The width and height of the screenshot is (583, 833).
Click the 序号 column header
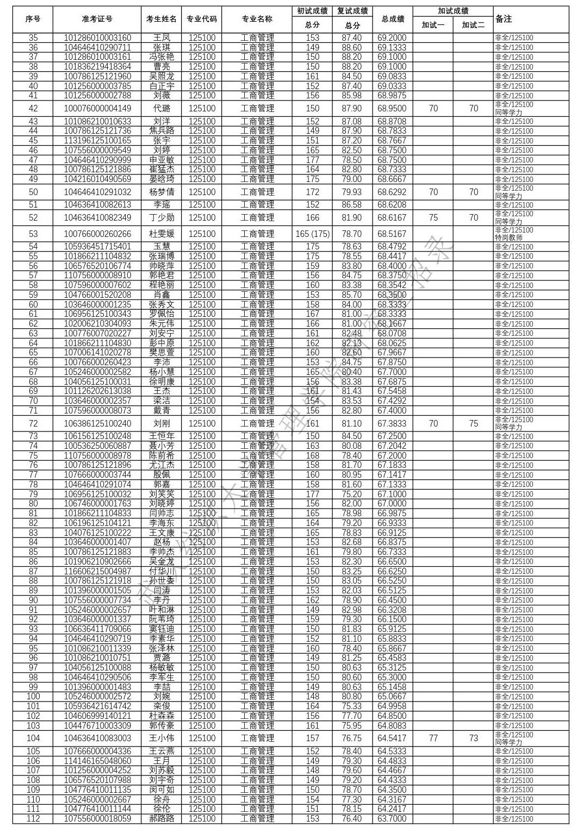tap(33, 19)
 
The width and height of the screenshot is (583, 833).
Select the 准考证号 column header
tap(97, 19)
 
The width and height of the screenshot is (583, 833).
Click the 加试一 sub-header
tap(433, 25)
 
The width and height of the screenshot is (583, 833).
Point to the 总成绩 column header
tap(393, 19)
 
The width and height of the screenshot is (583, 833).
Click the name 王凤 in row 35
tap(162, 38)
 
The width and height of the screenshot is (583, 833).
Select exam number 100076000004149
tap(97, 109)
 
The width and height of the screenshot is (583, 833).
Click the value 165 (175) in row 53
tap(312, 234)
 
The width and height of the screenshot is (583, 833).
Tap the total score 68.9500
tap(392, 109)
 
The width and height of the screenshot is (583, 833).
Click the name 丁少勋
tap(162, 218)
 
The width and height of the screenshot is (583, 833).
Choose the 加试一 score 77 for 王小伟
tap(433, 738)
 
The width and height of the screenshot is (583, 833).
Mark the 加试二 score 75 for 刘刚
tap(473, 424)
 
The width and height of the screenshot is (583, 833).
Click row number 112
tap(33, 819)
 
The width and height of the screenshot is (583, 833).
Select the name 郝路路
tap(162, 819)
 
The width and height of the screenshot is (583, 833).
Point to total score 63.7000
tap(392, 819)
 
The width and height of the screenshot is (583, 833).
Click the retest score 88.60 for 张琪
tap(352, 48)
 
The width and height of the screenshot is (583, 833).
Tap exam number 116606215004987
tap(97, 572)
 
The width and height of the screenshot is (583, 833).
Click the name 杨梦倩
tap(162, 192)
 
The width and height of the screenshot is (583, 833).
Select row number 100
tap(33, 697)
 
